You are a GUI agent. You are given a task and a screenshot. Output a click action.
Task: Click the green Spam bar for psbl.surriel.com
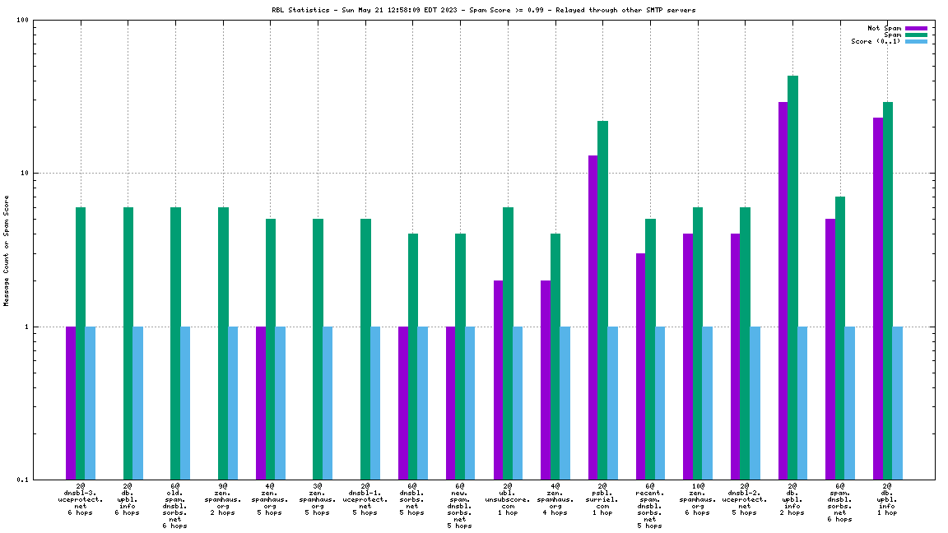pos(602,300)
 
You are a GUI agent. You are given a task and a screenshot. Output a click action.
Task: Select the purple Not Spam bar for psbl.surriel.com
pos(592,317)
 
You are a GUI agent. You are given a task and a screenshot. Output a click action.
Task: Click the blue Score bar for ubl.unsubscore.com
pos(518,403)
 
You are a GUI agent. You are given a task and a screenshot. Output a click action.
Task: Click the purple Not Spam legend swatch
pos(916,28)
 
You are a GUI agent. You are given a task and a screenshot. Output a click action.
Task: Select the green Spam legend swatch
pos(916,35)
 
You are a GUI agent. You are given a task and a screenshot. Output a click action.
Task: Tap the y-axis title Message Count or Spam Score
pos(7,250)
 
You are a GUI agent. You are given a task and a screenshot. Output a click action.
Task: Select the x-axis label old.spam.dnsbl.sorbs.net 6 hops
pos(175,506)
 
